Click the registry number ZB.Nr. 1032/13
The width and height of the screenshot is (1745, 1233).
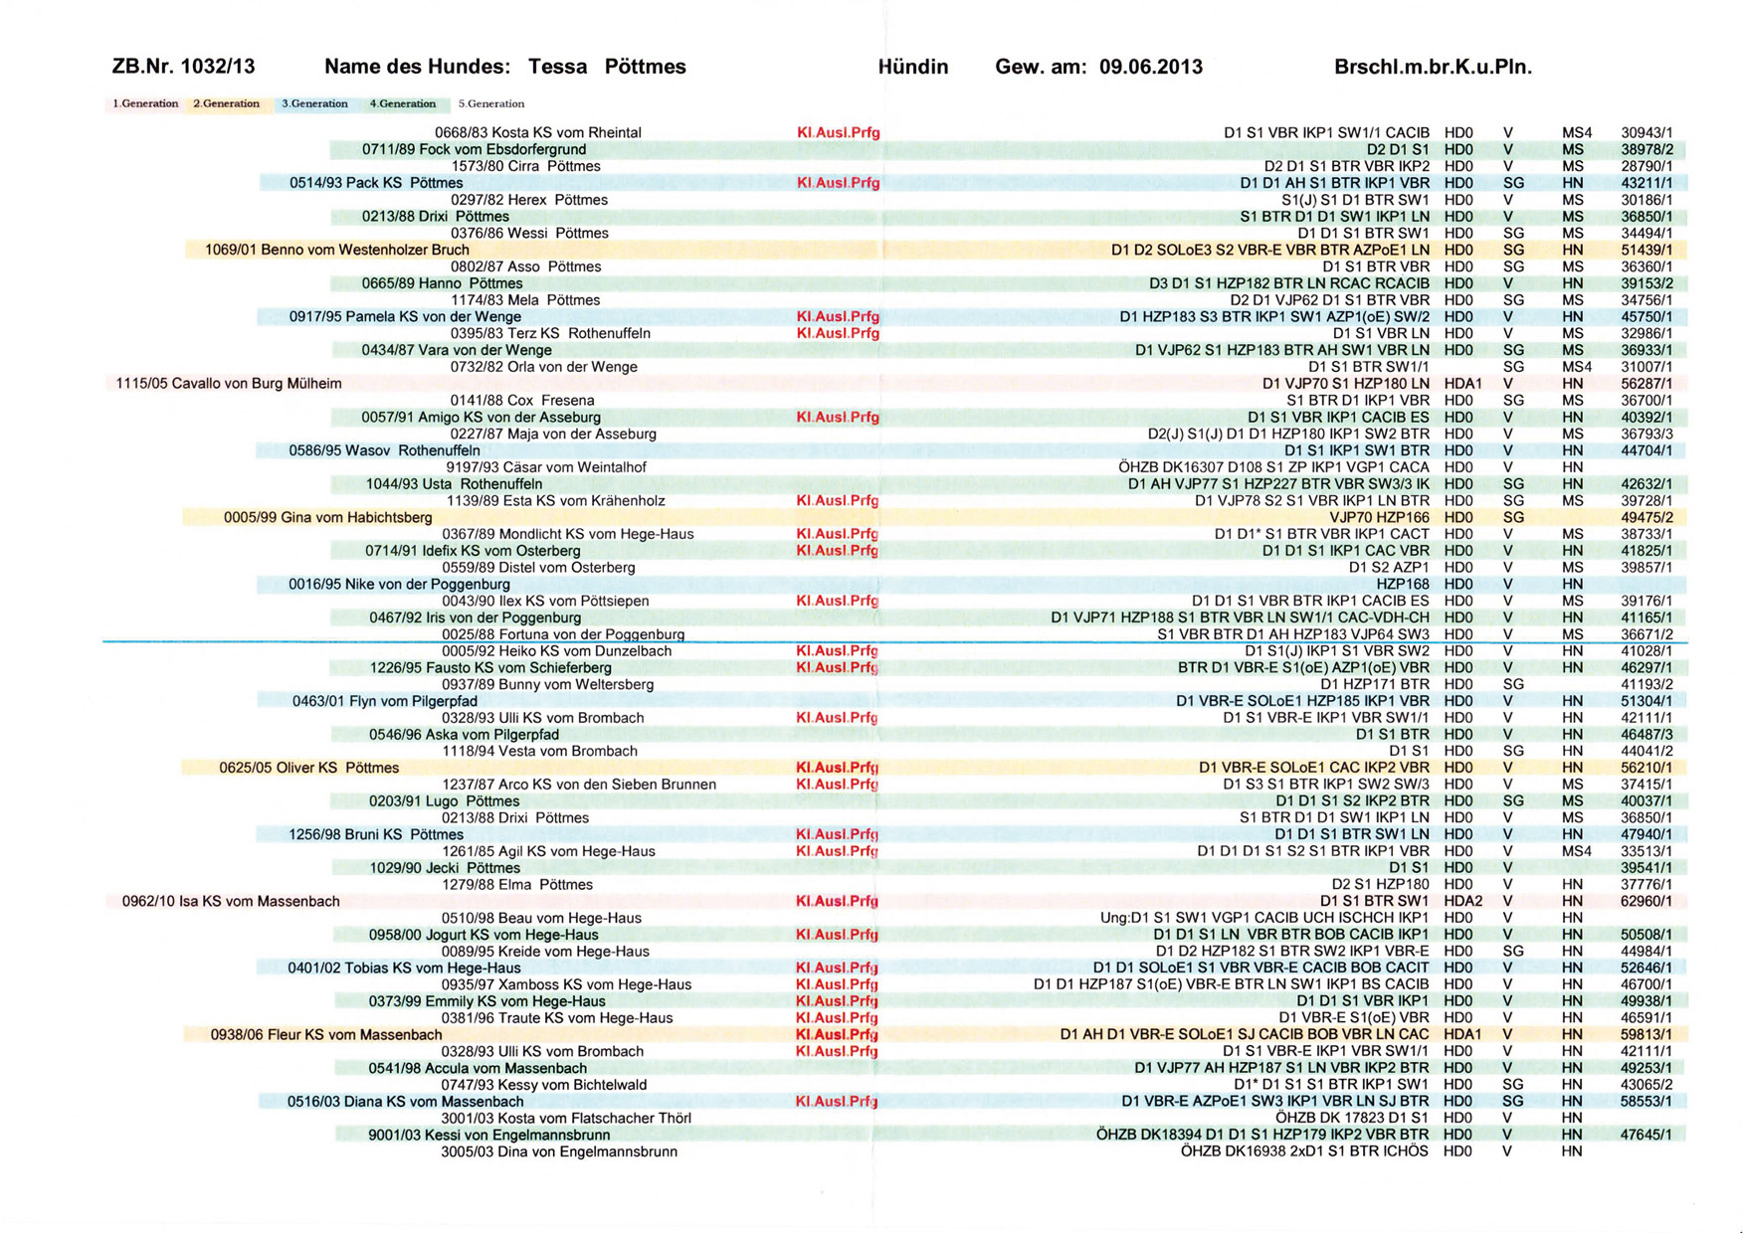[x=183, y=67]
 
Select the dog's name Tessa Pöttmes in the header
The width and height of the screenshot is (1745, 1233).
[x=607, y=67]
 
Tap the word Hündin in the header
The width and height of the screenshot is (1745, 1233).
[x=912, y=67]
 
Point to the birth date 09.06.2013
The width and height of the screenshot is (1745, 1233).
[x=1150, y=67]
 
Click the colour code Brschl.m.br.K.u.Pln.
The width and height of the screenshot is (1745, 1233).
[x=1432, y=67]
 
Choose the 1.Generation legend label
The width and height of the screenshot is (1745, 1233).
[x=145, y=103]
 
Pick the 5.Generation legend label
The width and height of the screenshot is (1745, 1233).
[x=491, y=103]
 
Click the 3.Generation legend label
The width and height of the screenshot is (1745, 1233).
[x=314, y=103]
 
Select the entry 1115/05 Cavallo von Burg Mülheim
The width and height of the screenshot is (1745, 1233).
[x=229, y=384]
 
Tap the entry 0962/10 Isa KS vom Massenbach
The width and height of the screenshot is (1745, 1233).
[x=231, y=902]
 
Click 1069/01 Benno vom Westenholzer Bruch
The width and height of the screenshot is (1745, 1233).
[x=336, y=250]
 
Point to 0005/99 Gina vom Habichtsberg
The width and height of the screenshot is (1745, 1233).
[x=327, y=517]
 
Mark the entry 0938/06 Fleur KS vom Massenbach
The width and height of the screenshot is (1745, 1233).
[x=326, y=1035]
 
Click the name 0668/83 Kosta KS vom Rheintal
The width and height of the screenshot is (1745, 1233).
[x=537, y=132]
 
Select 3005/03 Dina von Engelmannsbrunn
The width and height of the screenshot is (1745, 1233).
[x=559, y=1151]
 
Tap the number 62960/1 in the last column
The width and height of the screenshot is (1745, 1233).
[x=1646, y=902]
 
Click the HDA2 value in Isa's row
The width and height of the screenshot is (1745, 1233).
[x=1462, y=902]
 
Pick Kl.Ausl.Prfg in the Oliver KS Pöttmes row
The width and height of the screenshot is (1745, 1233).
[x=837, y=768]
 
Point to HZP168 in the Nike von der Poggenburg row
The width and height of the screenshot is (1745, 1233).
[x=1402, y=584]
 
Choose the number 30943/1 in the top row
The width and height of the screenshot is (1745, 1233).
[x=1646, y=132]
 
